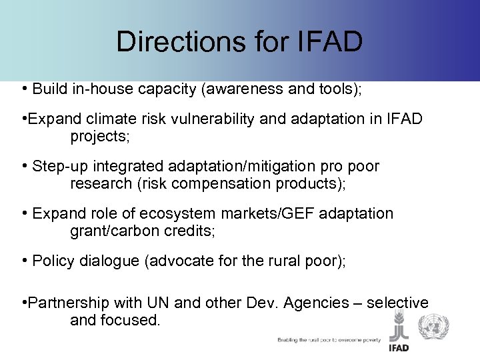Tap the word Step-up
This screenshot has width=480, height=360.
(61, 166)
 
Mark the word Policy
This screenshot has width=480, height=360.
(53, 261)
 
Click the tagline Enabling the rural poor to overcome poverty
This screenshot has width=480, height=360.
(329, 340)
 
